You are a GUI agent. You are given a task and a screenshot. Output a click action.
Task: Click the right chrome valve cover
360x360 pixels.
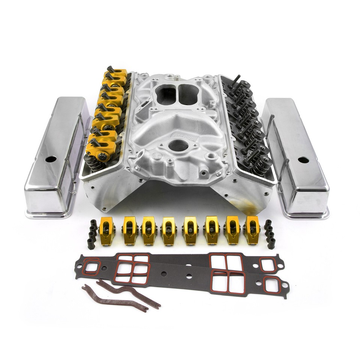[296, 157]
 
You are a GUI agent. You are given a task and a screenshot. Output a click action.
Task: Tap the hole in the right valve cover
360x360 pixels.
[303, 160]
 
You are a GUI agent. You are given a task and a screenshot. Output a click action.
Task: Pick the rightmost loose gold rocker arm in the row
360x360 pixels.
[251, 230]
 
